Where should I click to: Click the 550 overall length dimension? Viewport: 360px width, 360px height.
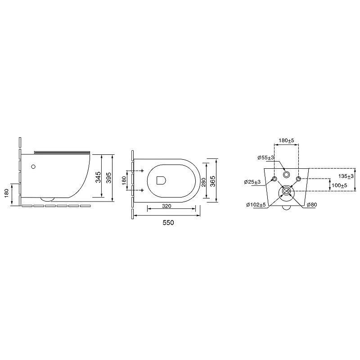(168, 222)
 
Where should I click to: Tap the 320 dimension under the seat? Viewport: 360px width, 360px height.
(166, 206)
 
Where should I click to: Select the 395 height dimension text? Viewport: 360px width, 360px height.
(109, 178)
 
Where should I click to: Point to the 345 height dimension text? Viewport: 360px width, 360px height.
(98, 177)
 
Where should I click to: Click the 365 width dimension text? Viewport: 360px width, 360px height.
(212, 181)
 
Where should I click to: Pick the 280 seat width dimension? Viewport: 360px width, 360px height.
(203, 182)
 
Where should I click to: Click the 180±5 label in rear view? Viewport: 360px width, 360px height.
(286, 140)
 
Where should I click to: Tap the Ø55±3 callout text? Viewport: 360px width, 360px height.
(265, 158)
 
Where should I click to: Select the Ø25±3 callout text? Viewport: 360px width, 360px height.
(252, 182)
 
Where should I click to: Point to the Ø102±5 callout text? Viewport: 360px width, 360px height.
(256, 205)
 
